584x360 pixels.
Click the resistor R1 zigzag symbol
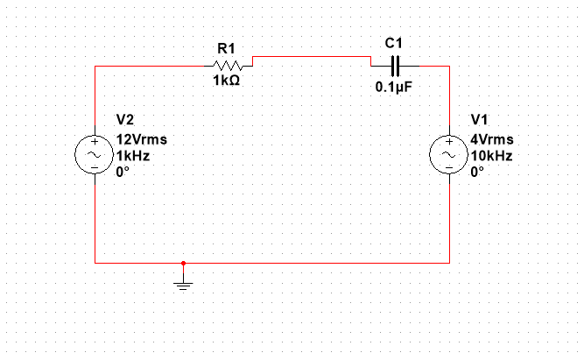(227, 65)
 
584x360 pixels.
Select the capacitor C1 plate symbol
(395, 65)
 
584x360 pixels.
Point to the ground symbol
(183, 283)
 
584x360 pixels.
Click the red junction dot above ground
(183, 262)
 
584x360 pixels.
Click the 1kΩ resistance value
(226, 81)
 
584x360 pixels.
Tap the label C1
(393, 43)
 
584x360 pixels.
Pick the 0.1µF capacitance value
(393, 88)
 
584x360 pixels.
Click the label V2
(126, 119)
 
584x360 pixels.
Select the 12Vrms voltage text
(141, 139)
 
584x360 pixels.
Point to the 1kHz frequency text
(133, 156)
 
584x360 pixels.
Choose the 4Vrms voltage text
(492, 139)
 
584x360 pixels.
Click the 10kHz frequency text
(491, 156)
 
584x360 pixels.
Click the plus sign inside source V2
(95, 143)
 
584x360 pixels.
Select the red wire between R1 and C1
(311, 57)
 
